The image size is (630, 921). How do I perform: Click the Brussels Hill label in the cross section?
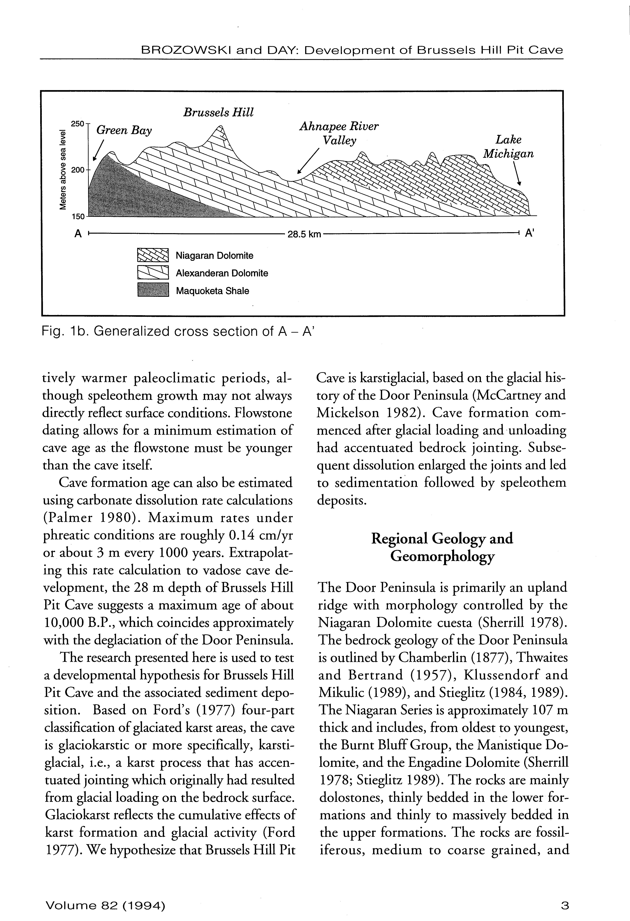(218, 113)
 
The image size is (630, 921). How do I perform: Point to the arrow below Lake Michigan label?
(517, 174)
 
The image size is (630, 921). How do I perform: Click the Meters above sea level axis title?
(63, 170)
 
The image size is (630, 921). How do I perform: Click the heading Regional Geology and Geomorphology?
(442, 547)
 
